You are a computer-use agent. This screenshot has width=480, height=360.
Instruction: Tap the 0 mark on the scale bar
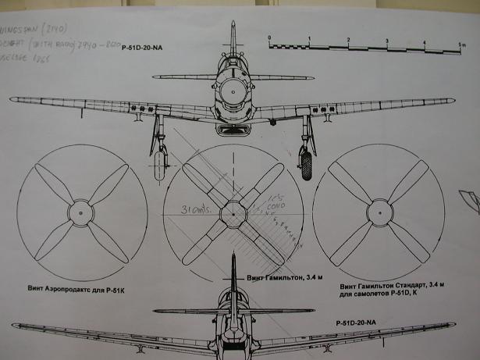pos(268,38)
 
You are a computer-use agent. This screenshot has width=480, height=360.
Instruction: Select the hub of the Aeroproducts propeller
pos(81,212)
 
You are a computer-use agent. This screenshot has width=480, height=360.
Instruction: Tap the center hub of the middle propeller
pos(232,212)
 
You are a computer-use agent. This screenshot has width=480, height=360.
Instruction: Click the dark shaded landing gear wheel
pos(306,162)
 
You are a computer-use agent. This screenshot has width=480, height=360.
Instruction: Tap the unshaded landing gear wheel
pos(159,163)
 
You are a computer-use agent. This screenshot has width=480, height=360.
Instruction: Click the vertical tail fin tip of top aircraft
pos(233,26)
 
